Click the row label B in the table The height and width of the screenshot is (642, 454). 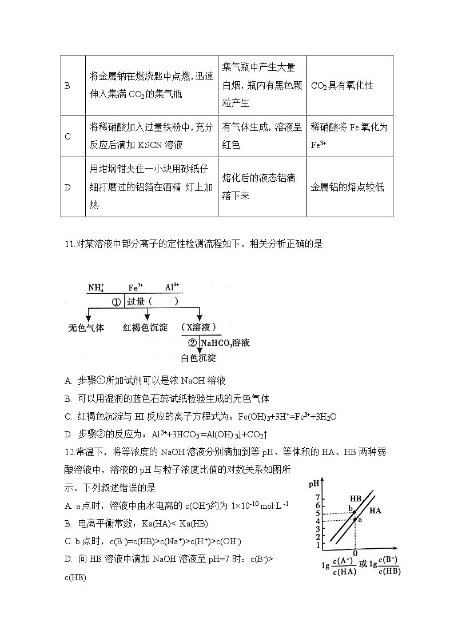pos(67,86)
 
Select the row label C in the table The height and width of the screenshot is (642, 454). pos(67,136)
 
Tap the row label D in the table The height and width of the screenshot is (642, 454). pos(67,187)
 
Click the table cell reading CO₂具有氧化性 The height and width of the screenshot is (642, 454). pos(342,86)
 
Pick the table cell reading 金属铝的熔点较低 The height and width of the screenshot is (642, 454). pos(347,187)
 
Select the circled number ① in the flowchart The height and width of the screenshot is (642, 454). pos(116,301)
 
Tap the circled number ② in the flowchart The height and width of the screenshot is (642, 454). pos(192,343)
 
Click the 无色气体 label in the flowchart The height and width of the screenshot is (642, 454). pos(86,328)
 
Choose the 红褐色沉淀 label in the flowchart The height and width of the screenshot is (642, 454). pos(145,328)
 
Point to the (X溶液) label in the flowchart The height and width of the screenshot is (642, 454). pos(199,328)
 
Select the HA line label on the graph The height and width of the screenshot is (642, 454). pos(375,511)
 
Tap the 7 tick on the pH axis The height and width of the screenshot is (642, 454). pos(317,498)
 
